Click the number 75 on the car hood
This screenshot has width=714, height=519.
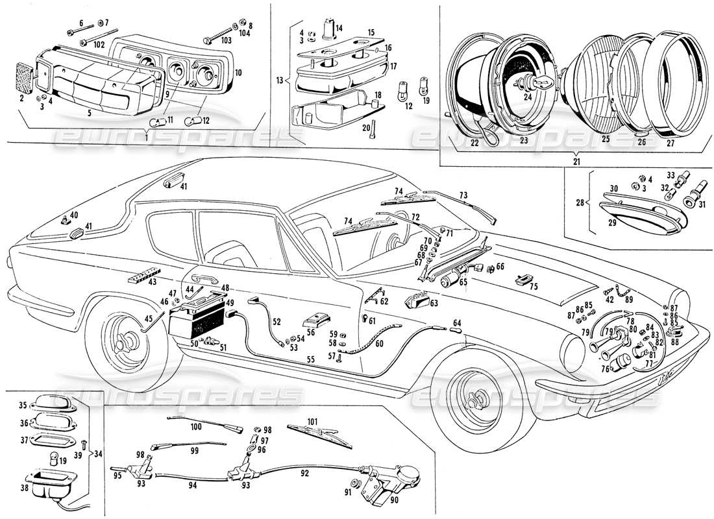pyautogui.click(x=534, y=287)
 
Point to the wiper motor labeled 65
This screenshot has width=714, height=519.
pyautogui.click(x=448, y=280)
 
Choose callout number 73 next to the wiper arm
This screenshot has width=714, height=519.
pyautogui.click(x=463, y=195)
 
